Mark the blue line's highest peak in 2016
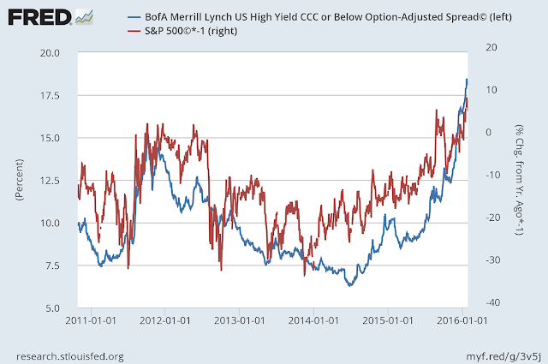(467, 79)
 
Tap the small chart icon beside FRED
(85, 16)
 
